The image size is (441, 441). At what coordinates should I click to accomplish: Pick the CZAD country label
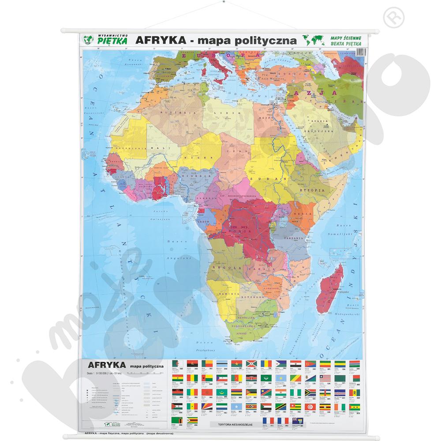[x=232, y=164]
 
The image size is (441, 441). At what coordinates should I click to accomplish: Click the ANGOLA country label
[x=223, y=268]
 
